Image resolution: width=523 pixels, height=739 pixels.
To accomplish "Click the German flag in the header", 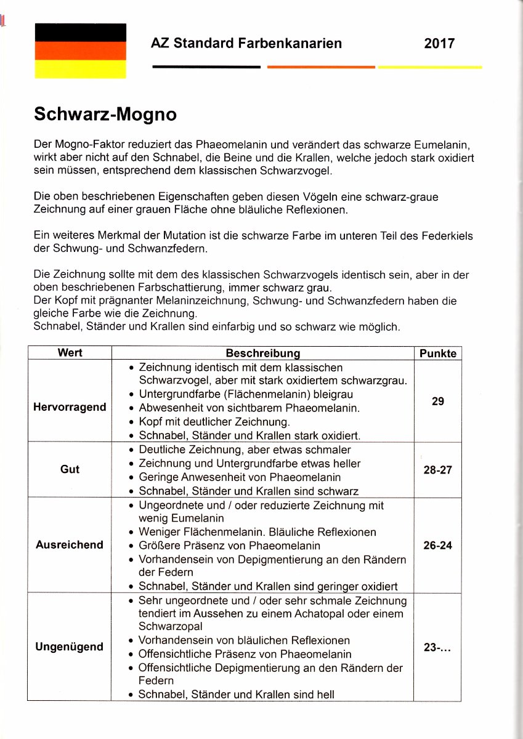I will click(x=81, y=50).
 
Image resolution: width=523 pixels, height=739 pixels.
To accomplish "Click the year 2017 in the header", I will click(x=439, y=44).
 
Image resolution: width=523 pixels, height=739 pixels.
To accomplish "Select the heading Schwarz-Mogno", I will click(x=105, y=115).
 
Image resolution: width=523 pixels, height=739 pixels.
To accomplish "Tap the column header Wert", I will click(x=70, y=353).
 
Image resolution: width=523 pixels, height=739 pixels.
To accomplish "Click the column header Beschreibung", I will click(x=263, y=353).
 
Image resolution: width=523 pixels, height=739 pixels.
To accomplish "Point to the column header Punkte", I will click(x=438, y=353).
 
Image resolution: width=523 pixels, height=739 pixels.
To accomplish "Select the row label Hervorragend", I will click(x=70, y=407).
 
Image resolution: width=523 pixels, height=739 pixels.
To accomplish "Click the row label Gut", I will click(x=70, y=469).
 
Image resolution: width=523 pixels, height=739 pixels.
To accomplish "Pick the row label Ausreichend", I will click(x=70, y=545).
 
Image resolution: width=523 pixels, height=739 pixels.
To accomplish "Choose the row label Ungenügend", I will click(x=70, y=647).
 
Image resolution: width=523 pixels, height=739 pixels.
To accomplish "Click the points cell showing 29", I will click(x=438, y=401).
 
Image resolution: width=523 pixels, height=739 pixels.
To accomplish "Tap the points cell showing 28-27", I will click(x=438, y=469).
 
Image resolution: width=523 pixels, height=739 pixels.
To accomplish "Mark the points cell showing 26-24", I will click(x=438, y=545).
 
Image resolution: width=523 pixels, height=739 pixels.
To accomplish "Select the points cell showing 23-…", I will click(x=438, y=647).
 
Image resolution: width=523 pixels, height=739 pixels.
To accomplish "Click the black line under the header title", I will click(x=206, y=67).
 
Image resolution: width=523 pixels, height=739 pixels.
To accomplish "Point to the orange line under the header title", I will click(x=321, y=67).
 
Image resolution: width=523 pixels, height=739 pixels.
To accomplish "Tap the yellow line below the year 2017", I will click(x=430, y=67).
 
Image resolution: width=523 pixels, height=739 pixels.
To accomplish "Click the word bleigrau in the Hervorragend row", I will click(x=332, y=394).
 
